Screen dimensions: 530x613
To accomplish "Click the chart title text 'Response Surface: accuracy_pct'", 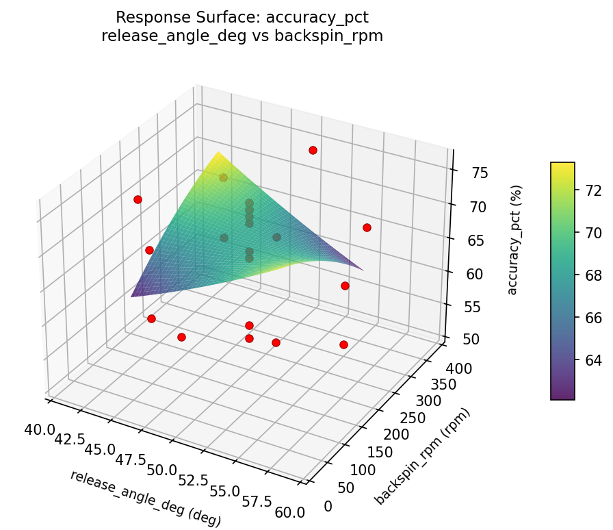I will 242,17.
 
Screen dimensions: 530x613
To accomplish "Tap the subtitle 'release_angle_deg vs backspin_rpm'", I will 242,36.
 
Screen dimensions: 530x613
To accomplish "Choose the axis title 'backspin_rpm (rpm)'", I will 423,457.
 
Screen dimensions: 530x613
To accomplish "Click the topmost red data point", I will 313,150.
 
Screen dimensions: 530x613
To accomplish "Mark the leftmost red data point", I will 138,199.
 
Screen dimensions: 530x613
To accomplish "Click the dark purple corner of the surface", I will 132,295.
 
